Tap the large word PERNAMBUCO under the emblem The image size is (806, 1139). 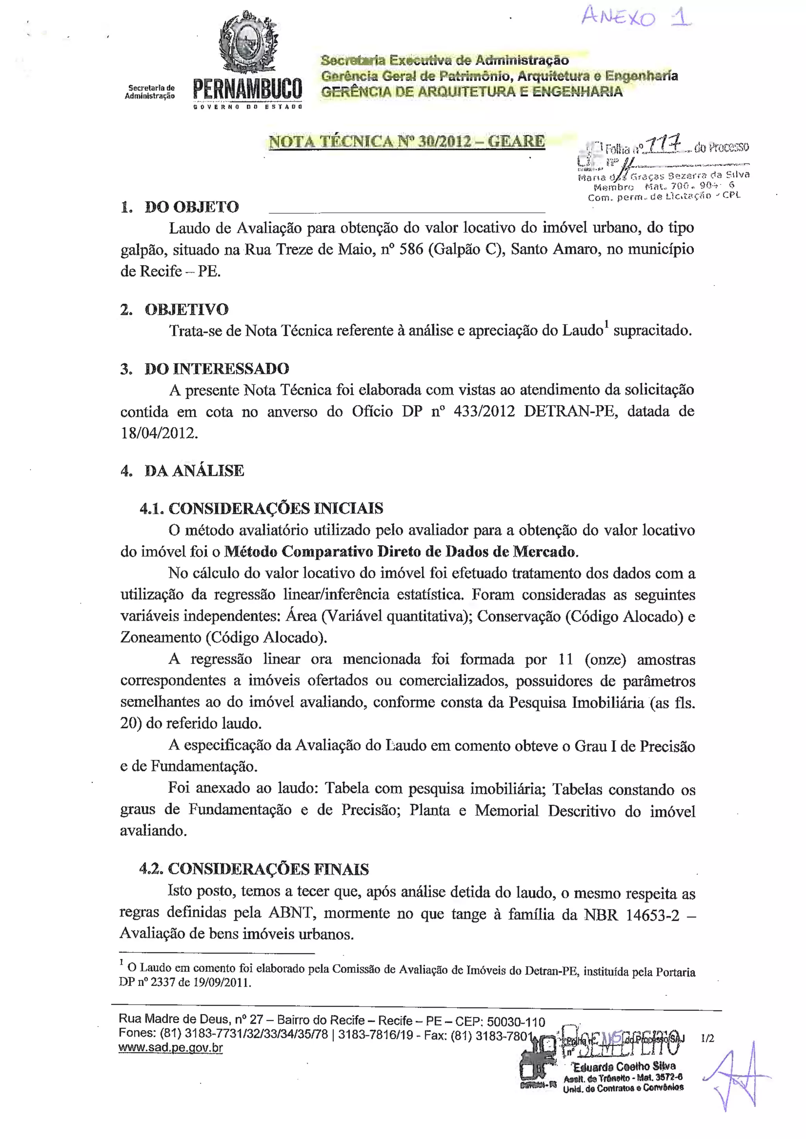[x=247, y=89]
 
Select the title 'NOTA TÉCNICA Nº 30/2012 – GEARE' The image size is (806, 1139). [x=407, y=141]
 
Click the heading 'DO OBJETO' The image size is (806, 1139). [x=192, y=207]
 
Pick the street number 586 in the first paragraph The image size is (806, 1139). [x=411, y=249]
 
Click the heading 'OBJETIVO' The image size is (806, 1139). [x=187, y=310]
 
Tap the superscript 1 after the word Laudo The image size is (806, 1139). [x=606, y=325]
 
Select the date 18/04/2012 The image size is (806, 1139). [x=159, y=433]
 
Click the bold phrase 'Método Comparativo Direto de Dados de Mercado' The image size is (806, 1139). [x=401, y=552]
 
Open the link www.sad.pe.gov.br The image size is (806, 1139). [x=171, y=1048]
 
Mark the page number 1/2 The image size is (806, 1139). [x=707, y=1038]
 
